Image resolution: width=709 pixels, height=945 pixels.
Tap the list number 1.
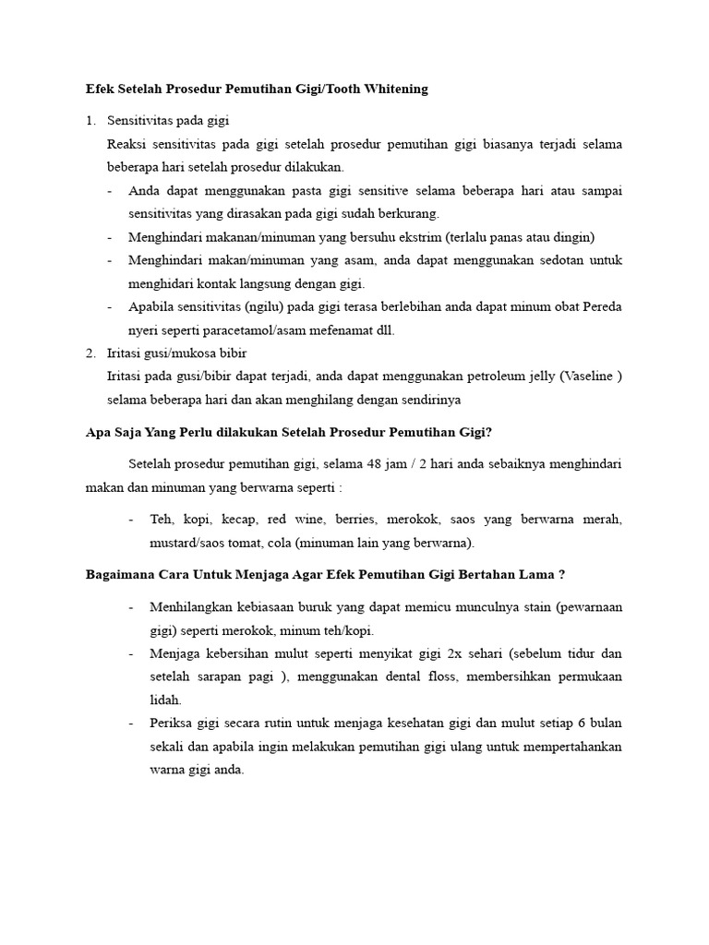[x=90, y=121]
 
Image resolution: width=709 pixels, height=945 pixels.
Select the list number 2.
[x=90, y=353]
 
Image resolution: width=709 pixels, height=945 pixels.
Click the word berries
[x=355, y=520]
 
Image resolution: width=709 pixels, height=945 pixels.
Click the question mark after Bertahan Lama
[x=562, y=574]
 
